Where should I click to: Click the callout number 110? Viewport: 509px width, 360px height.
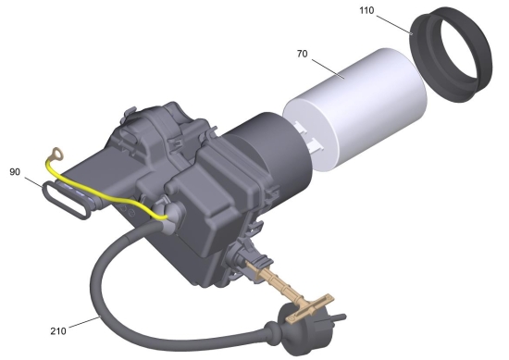click(x=366, y=11)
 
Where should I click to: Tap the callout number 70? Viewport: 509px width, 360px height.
click(x=302, y=54)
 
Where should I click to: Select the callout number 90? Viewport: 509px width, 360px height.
click(x=15, y=172)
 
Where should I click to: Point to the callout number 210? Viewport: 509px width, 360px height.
click(x=58, y=331)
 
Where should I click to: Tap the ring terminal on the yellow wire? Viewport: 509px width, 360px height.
click(x=57, y=154)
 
